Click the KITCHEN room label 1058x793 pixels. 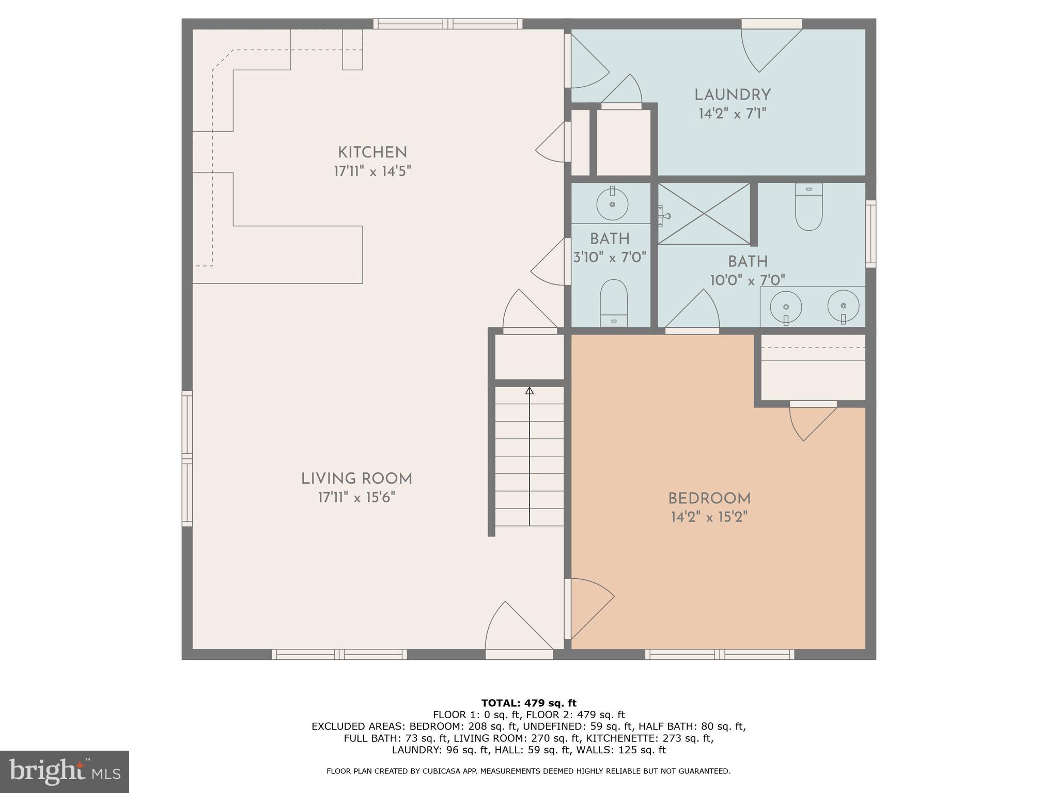(x=372, y=152)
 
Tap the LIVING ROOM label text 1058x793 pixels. (x=356, y=479)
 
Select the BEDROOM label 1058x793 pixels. (x=709, y=499)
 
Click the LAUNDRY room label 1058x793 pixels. (x=732, y=95)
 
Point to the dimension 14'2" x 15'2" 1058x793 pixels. (x=709, y=517)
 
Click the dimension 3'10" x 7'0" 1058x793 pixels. (x=610, y=257)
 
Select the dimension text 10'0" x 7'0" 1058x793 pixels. (x=747, y=280)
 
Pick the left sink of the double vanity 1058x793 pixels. (x=785, y=307)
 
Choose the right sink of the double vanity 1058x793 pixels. (x=843, y=306)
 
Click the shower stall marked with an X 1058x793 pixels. (x=704, y=214)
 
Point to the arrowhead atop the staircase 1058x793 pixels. (x=529, y=391)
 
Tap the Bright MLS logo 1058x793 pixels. (x=64, y=771)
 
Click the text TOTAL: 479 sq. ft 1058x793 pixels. (x=528, y=703)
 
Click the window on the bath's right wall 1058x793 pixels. (x=870, y=234)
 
